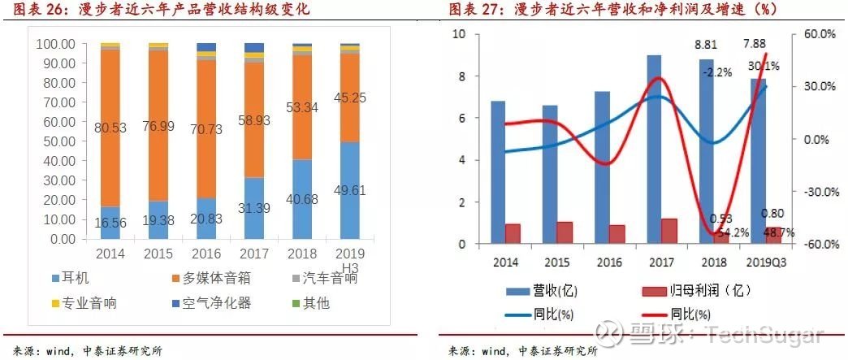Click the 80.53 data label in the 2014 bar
tap(111, 128)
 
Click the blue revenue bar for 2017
tap(654, 149)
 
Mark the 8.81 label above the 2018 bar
tap(706, 46)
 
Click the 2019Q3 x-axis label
tap(766, 262)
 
